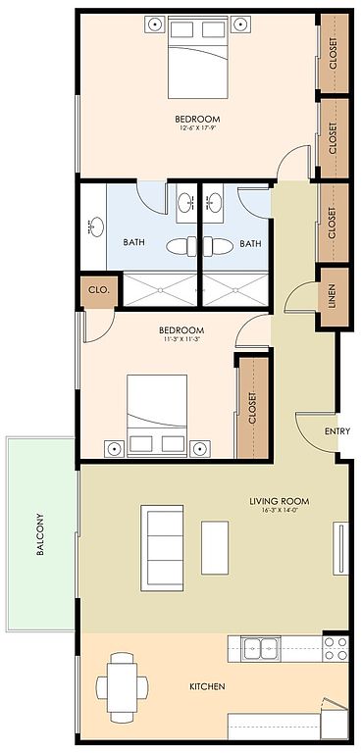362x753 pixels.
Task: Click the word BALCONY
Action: coord(40,535)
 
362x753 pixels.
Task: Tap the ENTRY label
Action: coord(337,431)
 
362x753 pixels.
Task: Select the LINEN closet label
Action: coord(332,297)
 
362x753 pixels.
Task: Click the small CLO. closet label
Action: coord(98,289)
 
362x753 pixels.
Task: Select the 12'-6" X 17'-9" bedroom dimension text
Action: coord(197,128)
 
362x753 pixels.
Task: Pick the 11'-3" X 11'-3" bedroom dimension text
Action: coord(181,339)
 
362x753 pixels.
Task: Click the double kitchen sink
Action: coord(260,648)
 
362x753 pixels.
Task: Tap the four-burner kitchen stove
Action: coord(336,648)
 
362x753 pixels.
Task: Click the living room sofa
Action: coord(162,547)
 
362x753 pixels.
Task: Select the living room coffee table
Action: coord(215,547)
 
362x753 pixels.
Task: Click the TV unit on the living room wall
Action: coord(340,548)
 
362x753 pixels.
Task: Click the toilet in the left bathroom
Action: coord(181,247)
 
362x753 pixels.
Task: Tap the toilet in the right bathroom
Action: coord(218,247)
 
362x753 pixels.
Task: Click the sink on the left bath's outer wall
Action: coord(96,226)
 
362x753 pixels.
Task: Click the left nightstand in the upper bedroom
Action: coord(156,24)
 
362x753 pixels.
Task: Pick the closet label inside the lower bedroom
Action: coord(251,408)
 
